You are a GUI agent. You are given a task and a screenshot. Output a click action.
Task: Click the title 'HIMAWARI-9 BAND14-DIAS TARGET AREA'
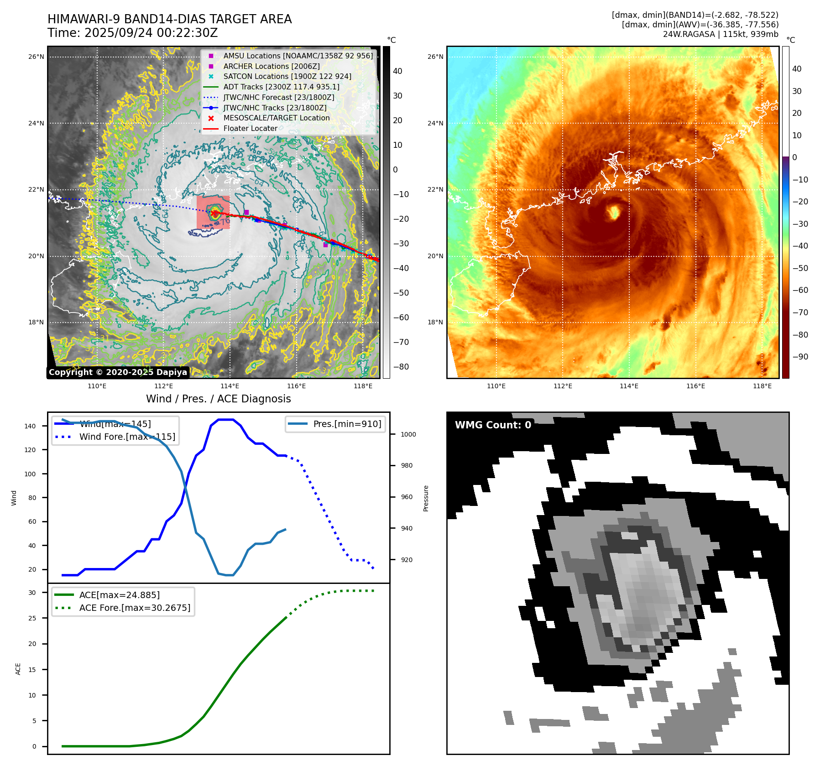(169, 19)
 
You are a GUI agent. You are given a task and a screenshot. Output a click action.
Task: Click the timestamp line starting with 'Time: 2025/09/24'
(132, 33)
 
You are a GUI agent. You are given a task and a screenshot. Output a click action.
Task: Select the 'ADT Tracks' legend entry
(281, 87)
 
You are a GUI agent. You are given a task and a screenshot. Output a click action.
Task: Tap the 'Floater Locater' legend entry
(250, 128)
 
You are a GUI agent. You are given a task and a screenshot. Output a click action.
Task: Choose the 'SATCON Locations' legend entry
(287, 76)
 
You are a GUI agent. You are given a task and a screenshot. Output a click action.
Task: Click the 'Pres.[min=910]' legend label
(347, 424)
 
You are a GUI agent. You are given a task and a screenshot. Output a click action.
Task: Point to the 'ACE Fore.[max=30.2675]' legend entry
(135, 608)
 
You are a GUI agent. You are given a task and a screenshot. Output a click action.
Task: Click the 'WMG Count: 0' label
(493, 425)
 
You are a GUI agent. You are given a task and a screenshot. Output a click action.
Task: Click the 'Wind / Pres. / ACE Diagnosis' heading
(218, 399)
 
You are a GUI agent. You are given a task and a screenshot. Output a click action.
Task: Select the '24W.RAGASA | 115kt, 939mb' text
(721, 34)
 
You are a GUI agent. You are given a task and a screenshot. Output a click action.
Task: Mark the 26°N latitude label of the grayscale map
(37, 57)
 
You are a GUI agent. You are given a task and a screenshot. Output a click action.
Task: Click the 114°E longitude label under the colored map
(629, 386)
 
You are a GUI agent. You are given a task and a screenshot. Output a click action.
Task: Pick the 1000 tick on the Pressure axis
(408, 434)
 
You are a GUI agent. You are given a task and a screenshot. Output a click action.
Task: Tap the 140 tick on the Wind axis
(30, 426)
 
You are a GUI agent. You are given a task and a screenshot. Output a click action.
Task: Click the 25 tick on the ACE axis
(32, 618)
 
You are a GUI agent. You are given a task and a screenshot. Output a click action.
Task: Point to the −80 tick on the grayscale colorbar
(401, 367)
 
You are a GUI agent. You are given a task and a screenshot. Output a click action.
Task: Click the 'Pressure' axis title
(426, 498)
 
